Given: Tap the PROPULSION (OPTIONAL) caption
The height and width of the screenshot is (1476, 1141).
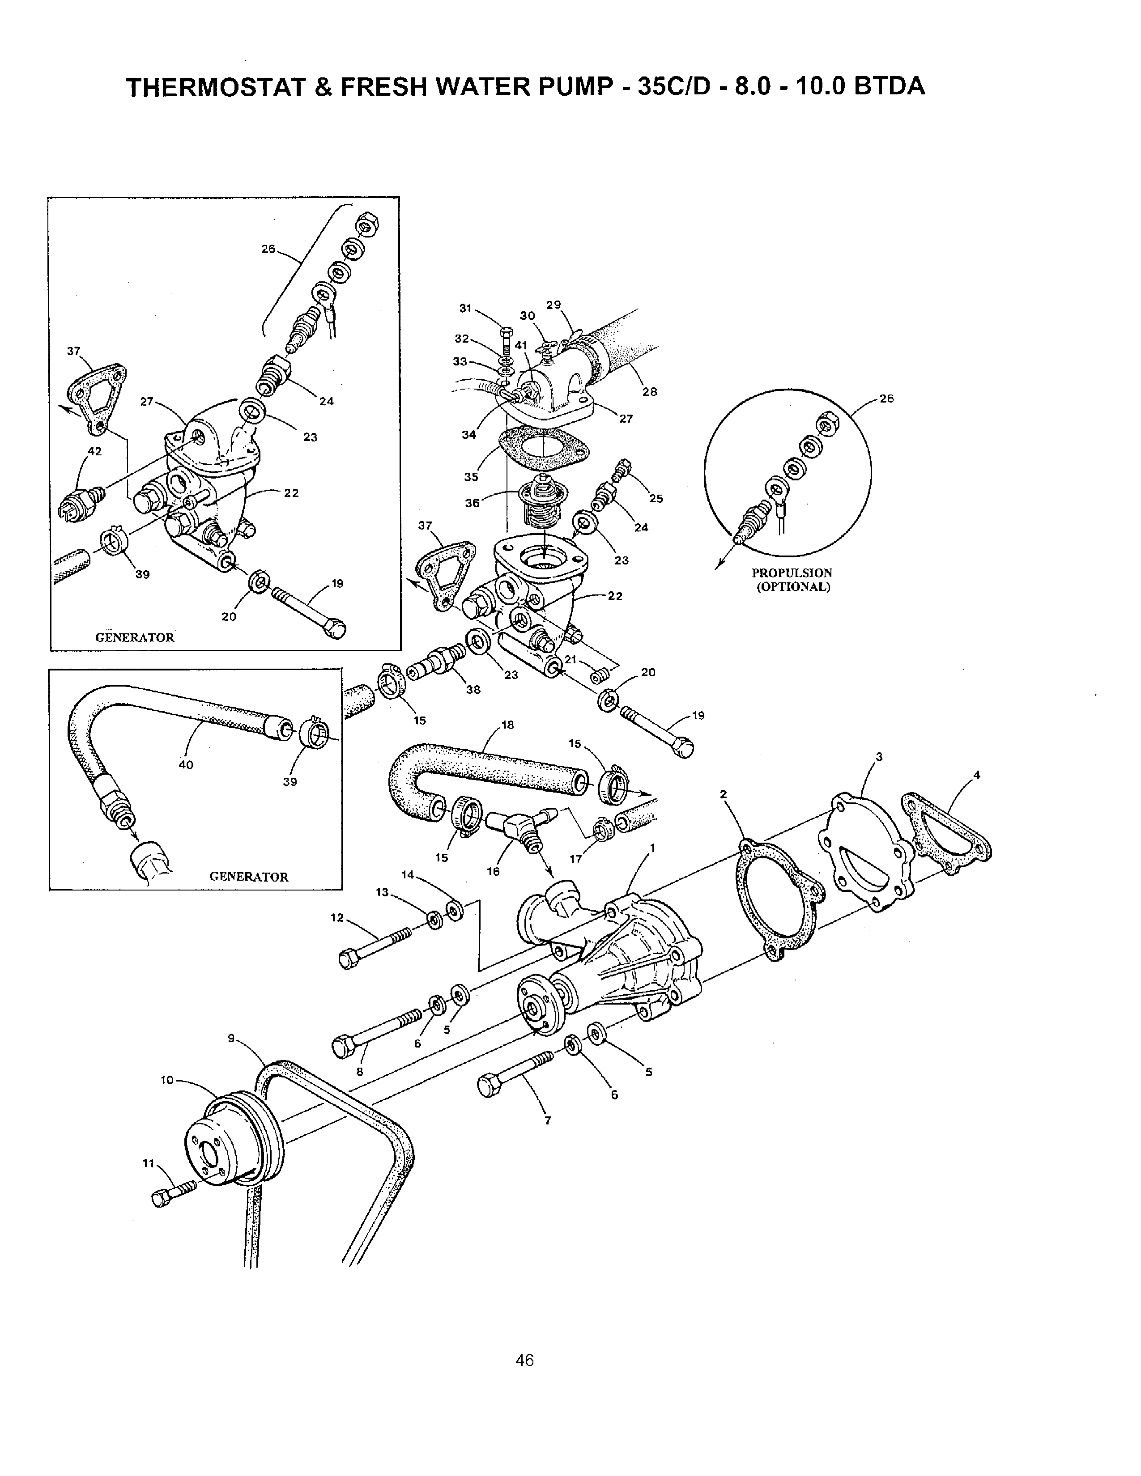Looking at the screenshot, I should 792,579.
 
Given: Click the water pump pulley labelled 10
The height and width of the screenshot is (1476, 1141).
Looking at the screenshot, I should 233,1142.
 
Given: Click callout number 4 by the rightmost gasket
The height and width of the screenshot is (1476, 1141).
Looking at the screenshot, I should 976,775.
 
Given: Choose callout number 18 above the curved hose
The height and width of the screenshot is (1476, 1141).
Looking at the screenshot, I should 508,725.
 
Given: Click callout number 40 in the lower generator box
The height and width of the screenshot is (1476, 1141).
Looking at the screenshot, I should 186,764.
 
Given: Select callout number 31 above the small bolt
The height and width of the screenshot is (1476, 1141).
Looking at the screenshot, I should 465,308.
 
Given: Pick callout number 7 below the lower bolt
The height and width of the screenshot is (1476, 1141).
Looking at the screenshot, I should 548,1120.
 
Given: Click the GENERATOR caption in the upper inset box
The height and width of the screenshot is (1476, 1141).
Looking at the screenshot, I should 135,637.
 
